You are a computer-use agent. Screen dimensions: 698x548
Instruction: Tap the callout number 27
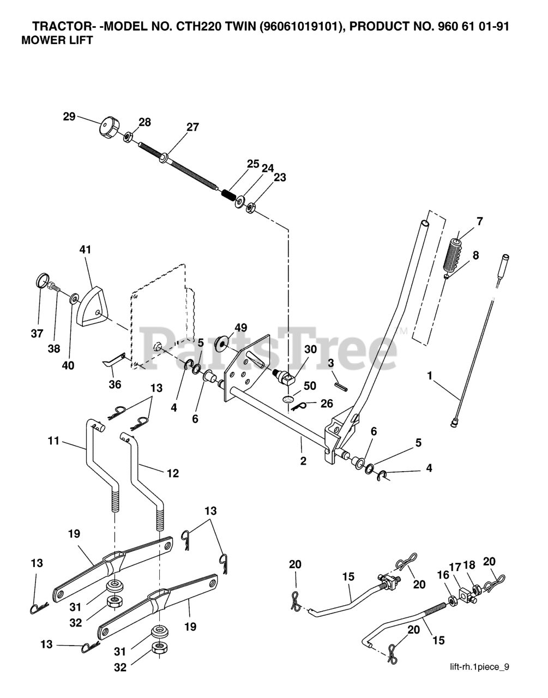click(x=192, y=127)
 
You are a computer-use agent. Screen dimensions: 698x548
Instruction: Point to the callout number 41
click(x=85, y=249)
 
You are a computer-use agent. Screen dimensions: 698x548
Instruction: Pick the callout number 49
click(x=240, y=327)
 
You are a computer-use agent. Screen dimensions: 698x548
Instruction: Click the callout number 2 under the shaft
click(x=303, y=461)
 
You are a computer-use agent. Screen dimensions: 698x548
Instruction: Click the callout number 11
click(x=53, y=441)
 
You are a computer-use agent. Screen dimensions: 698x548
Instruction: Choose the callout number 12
click(x=172, y=473)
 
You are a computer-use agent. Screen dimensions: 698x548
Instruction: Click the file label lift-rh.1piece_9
click(x=479, y=666)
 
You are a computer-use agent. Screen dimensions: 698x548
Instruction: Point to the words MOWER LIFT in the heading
click(x=56, y=40)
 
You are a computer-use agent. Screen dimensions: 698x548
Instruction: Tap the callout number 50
click(x=310, y=386)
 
